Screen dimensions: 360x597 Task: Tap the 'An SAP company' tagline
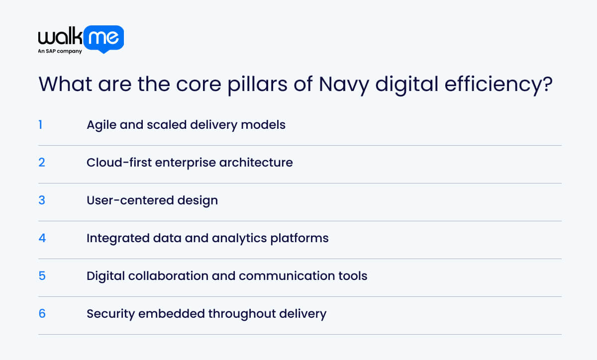60,51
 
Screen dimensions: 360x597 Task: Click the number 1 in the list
40,124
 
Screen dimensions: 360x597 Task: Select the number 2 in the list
42,162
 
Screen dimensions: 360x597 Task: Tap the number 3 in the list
42,200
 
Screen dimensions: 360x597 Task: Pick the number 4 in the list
42,238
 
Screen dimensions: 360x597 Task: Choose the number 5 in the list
42,275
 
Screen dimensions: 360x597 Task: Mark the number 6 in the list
42,313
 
